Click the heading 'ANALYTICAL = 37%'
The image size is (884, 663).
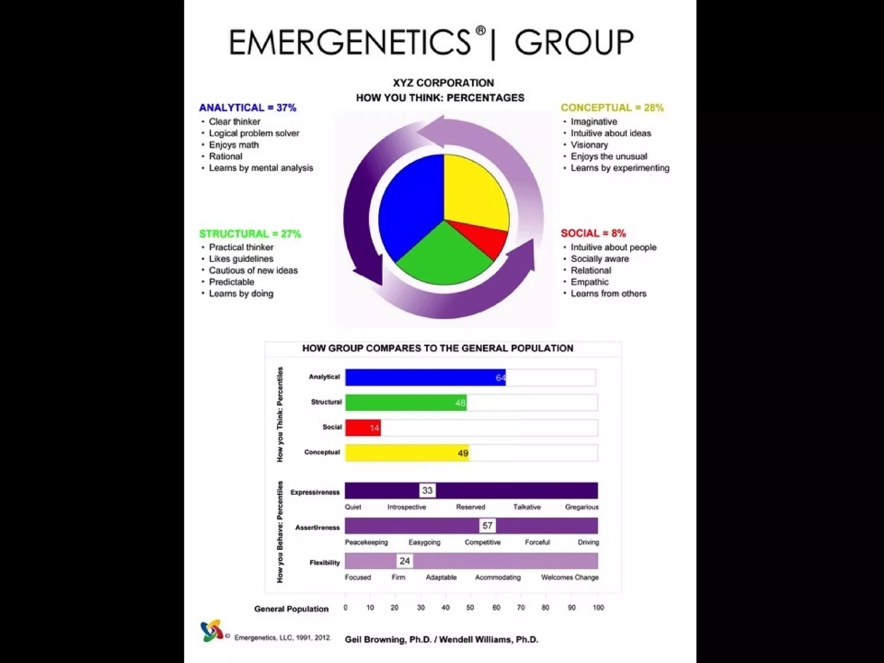click(x=247, y=108)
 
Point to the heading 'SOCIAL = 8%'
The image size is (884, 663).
click(x=593, y=234)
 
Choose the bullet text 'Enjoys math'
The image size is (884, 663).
click(x=234, y=145)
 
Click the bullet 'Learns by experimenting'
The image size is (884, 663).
click(x=620, y=168)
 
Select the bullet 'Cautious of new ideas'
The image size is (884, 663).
click(x=253, y=271)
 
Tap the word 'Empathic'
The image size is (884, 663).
click(x=589, y=282)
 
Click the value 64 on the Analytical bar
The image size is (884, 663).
click(x=500, y=378)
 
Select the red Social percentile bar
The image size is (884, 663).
click(x=363, y=428)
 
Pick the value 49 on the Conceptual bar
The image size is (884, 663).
click(x=463, y=453)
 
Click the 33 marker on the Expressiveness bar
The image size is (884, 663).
click(x=427, y=491)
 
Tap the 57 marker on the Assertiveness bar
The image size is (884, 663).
click(x=487, y=526)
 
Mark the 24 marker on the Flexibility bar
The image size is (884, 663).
click(x=404, y=561)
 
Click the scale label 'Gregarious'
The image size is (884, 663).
click(x=581, y=507)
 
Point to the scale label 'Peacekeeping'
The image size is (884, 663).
click(x=366, y=543)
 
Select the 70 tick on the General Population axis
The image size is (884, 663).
click(x=521, y=608)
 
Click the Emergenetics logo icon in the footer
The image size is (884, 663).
click(x=212, y=631)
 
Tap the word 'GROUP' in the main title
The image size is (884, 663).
click(x=574, y=42)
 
